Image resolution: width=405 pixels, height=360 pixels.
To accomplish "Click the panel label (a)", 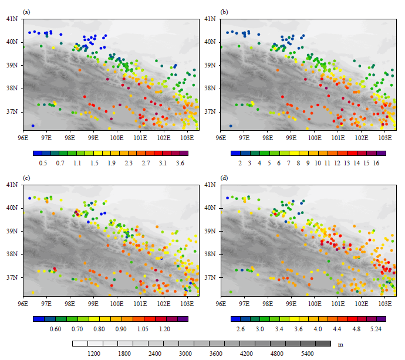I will (x=26, y=12).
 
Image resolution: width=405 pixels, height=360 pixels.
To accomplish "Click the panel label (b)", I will (x=224, y=12).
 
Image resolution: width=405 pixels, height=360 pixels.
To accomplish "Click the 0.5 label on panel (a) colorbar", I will (x=43, y=162).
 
